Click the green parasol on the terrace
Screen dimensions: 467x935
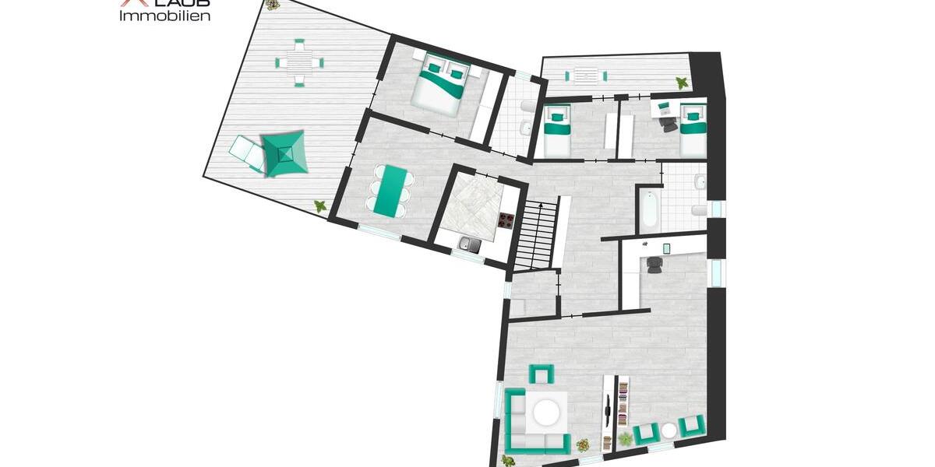tap(284, 153)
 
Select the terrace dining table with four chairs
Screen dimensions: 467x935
tap(299, 62)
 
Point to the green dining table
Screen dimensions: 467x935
tap(389, 191)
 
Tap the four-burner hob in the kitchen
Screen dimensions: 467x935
tap(506, 219)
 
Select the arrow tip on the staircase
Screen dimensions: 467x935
tap(542, 203)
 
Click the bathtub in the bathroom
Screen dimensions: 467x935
tap(649, 209)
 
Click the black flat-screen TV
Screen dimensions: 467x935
tap(607, 409)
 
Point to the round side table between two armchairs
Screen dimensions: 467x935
tap(669, 430)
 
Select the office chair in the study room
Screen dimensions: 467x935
tap(654, 265)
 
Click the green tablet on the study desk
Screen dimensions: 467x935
tap(667, 248)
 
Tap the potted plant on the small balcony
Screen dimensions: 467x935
tap(682, 82)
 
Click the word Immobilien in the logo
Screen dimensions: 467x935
tap(164, 16)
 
